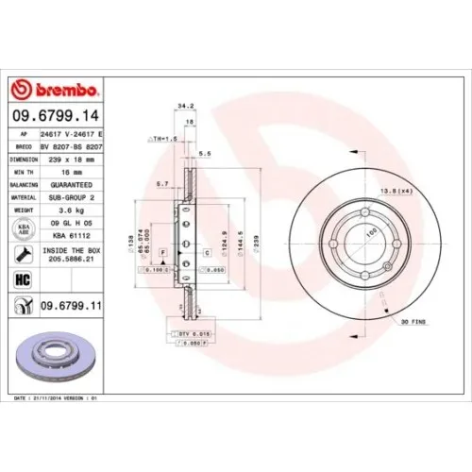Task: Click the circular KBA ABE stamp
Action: click(21, 228)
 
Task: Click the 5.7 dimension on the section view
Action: click(161, 183)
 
